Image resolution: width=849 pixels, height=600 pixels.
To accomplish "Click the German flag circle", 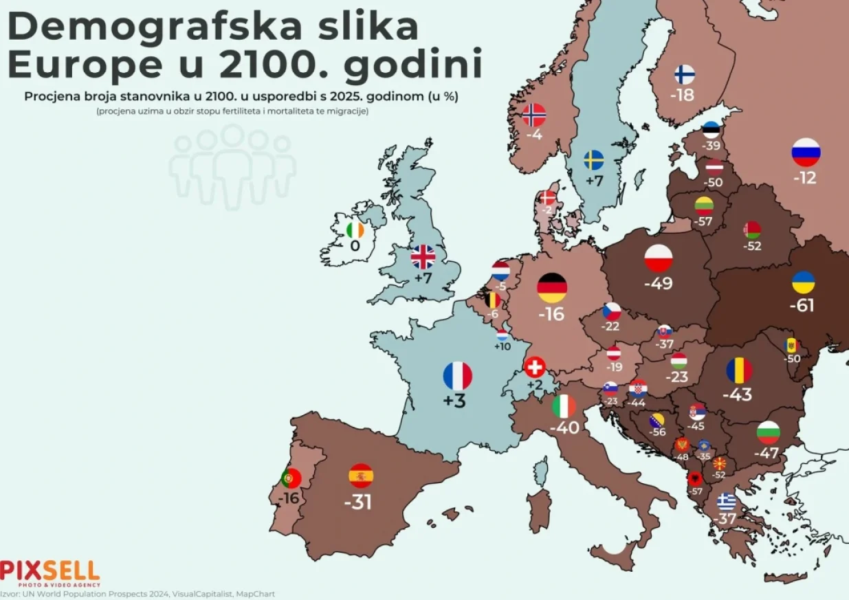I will click(x=552, y=287).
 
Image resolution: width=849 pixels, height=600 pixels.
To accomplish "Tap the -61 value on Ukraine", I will click(x=803, y=305).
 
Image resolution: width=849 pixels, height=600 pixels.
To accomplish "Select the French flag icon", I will click(x=457, y=376).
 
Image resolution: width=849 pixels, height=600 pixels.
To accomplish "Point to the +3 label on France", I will click(x=454, y=401).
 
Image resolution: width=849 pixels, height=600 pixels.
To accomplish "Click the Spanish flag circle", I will click(x=361, y=476).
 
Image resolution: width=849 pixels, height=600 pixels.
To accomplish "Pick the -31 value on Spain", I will click(x=357, y=502).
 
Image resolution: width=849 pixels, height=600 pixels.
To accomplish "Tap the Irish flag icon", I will click(x=355, y=229).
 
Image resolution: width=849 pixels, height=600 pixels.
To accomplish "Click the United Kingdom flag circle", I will click(x=423, y=257).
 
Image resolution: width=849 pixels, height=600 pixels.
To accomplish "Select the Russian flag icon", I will click(x=806, y=153).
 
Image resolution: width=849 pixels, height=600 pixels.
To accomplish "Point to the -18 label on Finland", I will click(x=683, y=96).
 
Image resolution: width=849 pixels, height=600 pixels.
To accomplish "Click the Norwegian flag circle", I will click(x=534, y=115).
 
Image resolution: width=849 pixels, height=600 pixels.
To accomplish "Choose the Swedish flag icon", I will click(x=594, y=160).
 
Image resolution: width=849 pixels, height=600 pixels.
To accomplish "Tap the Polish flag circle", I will click(x=658, y=258).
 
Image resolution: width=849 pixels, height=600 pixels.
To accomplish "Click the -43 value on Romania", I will click(x=737, y=395).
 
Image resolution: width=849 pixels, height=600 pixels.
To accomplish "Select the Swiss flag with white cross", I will click(x=534, y=367).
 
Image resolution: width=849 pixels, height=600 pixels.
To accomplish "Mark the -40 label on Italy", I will click(x=564, y=427).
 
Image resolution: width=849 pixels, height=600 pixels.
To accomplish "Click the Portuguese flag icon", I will click(x=291, y=478).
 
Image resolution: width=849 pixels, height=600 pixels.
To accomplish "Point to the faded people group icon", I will click(x=232, y=167).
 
